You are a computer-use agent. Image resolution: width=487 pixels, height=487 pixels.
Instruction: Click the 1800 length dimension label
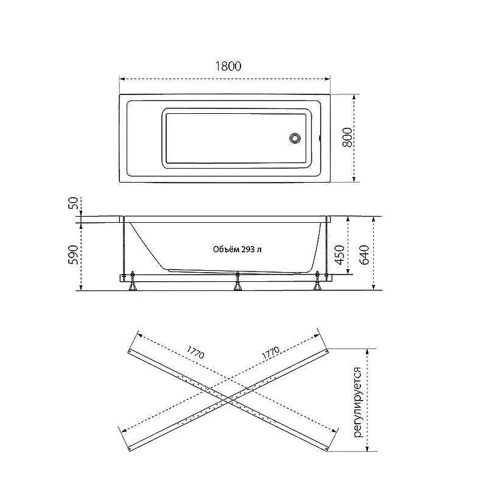(x=228, y=66)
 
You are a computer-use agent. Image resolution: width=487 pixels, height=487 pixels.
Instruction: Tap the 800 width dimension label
(x=348, y=138)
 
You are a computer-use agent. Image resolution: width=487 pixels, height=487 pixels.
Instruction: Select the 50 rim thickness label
(x=74, y=203)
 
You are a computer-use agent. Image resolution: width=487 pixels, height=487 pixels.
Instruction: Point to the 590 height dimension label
(x=73, y=254)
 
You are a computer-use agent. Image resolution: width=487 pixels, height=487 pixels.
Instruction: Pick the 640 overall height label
(x=364, y=254)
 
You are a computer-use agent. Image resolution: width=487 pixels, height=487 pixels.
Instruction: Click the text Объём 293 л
(x=237, y=250)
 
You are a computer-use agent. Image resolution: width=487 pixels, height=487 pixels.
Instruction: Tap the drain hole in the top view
(x=295, y=138)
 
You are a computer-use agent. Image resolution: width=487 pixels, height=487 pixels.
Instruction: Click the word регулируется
(x=358, y=402)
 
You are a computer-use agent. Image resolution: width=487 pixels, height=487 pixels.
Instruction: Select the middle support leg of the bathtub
(x=237, y=281)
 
